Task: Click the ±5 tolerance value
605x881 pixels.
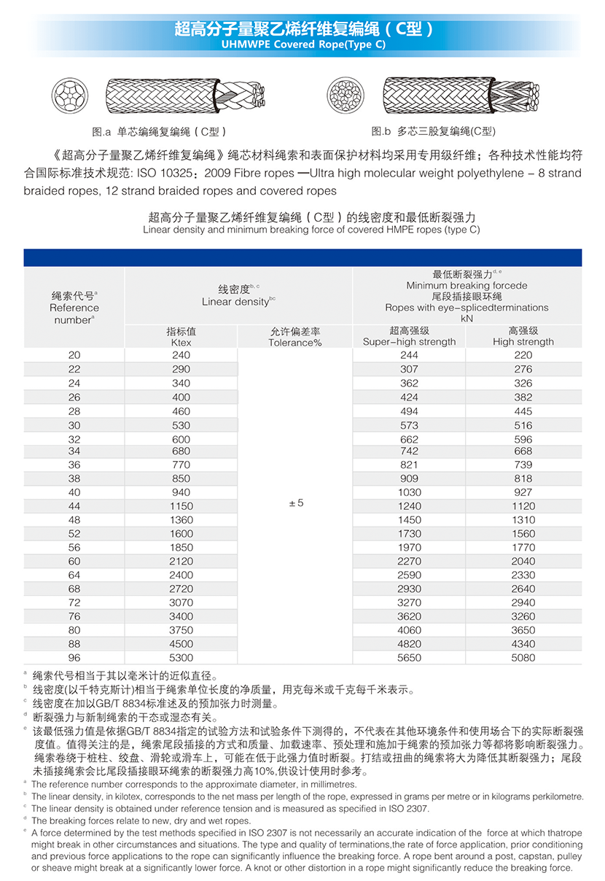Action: coord(295,504)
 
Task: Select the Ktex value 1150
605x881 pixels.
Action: coord(181,506)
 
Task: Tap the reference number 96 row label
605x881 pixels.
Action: coord(74,658)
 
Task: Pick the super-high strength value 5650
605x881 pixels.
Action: coord(409,658)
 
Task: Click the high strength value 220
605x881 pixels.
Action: coord(523,355)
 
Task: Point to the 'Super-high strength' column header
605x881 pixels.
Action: coord(409,341)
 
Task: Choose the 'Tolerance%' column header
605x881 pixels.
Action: coord(295,342)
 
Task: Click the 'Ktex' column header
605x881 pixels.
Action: coord(181,342)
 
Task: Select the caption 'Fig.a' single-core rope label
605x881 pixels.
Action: coord(159,132)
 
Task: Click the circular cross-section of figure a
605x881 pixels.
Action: coord(69,96)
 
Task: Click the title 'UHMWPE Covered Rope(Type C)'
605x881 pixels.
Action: coord(302,44)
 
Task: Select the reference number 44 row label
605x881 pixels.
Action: coord(74,506)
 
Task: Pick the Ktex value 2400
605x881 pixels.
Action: coord(181,575)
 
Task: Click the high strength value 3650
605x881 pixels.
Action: coord(523,630)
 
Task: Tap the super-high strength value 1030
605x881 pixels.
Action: coord(409,493)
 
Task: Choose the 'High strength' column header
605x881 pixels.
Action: coord(523,341)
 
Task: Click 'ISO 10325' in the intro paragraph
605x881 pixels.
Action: coord(169,174)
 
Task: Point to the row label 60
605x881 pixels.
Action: coord(74,562)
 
